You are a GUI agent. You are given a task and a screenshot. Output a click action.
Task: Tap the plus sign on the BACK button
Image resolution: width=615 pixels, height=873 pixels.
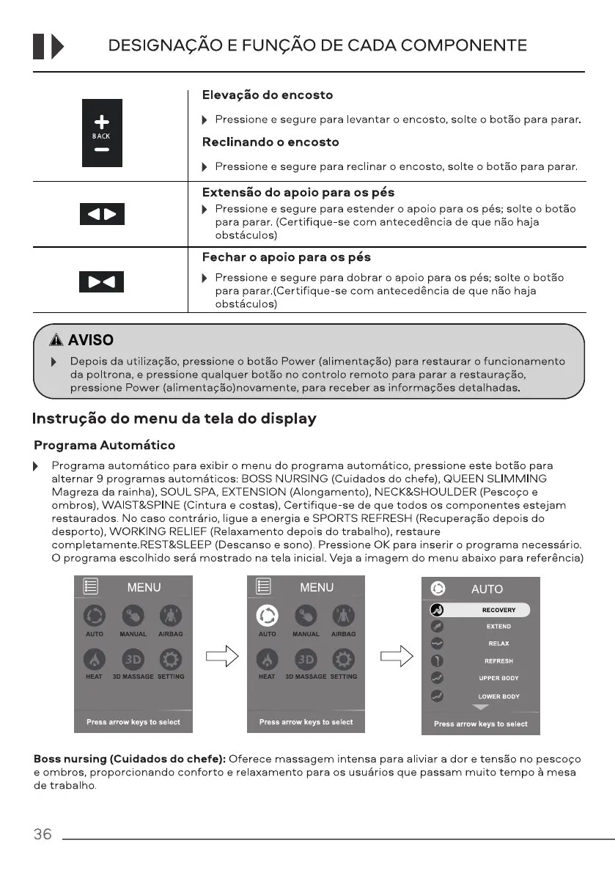[x=102, y=122]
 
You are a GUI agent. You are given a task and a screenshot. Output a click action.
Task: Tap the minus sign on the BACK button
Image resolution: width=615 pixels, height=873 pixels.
[x=102, y=150]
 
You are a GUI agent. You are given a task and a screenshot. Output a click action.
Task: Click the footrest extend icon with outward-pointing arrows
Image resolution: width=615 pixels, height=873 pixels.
[x=102, y=214]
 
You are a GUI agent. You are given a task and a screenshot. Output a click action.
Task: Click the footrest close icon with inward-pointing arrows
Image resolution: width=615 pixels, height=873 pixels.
[x=102, y=281]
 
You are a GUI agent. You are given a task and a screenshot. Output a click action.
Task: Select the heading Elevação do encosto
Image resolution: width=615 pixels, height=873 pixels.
[x=267, y=95]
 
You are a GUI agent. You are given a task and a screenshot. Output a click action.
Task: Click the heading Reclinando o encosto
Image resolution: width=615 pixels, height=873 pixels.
[x=270, y=142]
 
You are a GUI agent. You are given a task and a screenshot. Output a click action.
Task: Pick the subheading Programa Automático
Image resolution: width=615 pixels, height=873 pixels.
[x=105, y=446]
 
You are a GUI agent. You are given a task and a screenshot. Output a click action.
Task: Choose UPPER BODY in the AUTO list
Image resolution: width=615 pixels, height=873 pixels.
[x=498, y=678]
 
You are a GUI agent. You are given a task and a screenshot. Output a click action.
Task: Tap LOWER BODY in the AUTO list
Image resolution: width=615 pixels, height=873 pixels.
[x=498, y=696]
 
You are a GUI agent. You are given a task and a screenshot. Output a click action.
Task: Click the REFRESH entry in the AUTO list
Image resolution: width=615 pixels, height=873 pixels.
[x=498, y=661]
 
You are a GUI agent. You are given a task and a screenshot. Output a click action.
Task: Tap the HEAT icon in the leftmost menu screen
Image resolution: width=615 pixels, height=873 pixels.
[x=95, y=657]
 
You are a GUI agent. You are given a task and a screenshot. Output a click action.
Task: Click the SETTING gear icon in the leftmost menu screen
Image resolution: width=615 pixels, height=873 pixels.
[x=171, y=657]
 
